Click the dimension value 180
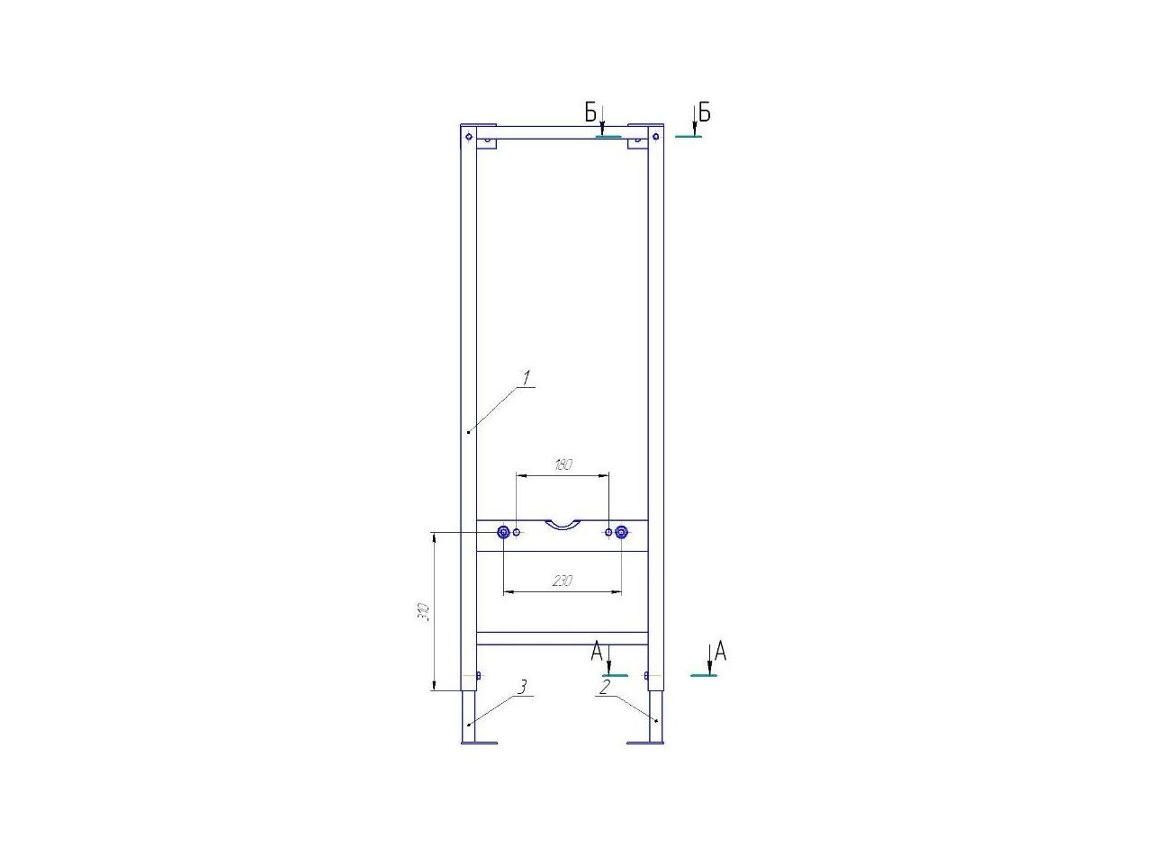pyautogui.click(x=562, y=464)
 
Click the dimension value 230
pyautogui.click(x=562, y=581)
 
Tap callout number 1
pyautogui.click(x=527, y=377)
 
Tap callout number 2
pyautogui.click(x=605, y=687)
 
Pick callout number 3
pyautogui.click(x=522, y=687)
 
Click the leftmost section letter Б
pyautogui.click(x=591, y=113)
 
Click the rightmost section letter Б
pyautogui.click(x=705, y=112)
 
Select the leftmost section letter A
pyautogui.click(x=597, y=652)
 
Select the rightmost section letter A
pyautogui.click(x=721, y=652)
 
